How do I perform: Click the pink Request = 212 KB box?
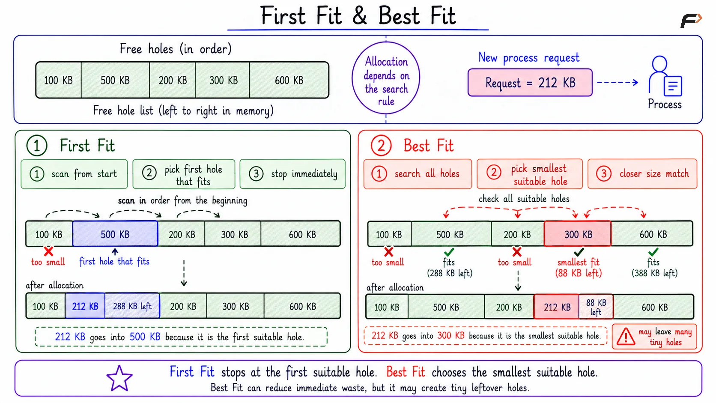pyautogui.click(x=530, y=83)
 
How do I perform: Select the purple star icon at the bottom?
pyautogui.click(x=119, y=379)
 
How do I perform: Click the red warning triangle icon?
pyautogui.click(x=626, y=337)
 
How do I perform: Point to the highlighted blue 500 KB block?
pyautogui.click(x=115, y=234)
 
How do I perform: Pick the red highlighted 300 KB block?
pyautogui.click(x=578, y=234)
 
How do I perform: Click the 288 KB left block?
pyautogui.click(x=132, y=306)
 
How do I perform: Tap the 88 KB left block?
pyautogui.click(x=596, y=307)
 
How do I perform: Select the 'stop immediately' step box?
pyautogui.click(x=292, y=174)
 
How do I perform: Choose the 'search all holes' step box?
pyautogui.click(x=418, y=174)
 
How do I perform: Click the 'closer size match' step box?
pyautogui.click(x=642, y=174)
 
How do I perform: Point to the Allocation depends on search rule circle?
pyautogui.click(x=386, y=78)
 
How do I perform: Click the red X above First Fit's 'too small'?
pyautogui.click(x=48, y=251)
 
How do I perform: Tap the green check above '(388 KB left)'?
pyautogui.click(x=653, y=252)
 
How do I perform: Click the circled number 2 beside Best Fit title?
pyautogui.click(x=381, y=146)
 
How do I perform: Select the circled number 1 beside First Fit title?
pyautogui.click(x=37, y=146)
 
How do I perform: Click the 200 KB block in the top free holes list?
pyautogui.click(x=173, y=80)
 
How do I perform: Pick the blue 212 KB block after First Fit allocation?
pyautogui.click(x=85, y=306)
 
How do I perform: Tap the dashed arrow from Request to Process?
pyautogui.click(x=618, y=83)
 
